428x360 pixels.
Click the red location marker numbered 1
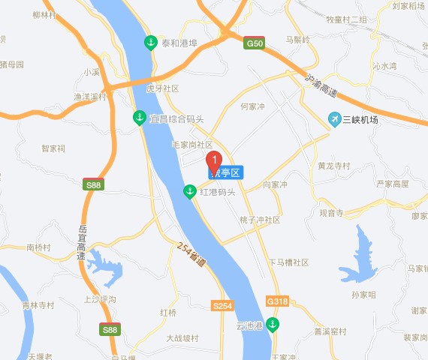[x=213, y=160]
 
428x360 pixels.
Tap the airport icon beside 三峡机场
[x=335, y=118]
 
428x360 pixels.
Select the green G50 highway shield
[x=255, y=44]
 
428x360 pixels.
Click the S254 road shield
[x=222, y=306]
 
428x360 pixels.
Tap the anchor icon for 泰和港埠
[x=152, y=42]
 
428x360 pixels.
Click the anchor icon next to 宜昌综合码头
[x=140, y=118]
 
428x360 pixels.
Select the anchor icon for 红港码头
[x=191, y=192]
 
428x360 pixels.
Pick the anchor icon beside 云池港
[x=273, y=325]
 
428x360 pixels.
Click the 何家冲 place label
[x=252, y=106]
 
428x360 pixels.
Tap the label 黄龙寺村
[x=333, y=166]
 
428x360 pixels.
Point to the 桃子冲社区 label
[x=259, y=220]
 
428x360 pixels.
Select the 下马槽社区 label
[x=288, y=262]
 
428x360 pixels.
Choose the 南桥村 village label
[x=38, y=247]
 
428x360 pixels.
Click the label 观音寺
[x=330, y=213]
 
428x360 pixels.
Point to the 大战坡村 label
[x=182, y=338]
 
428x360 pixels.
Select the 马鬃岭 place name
[x=298, y=40]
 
